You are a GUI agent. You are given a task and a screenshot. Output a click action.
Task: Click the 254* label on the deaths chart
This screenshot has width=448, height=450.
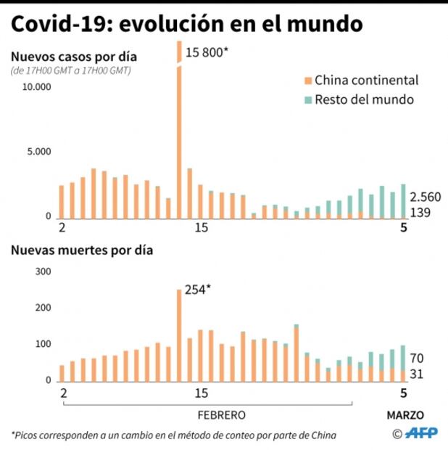[197, 290]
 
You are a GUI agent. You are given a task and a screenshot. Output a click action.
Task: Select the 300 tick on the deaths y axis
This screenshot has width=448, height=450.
[43, 271]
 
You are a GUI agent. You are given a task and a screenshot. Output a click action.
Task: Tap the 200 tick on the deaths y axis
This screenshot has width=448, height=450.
[43, 308]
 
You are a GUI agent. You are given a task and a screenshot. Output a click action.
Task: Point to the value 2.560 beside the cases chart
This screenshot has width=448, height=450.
[425, 197]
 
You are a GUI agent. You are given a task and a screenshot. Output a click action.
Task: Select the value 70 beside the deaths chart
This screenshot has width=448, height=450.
[416, 359]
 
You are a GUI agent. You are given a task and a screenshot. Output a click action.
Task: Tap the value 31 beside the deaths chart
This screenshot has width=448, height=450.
[415, 375]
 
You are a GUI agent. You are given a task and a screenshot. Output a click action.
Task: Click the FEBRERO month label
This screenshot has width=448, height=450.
[222, 415]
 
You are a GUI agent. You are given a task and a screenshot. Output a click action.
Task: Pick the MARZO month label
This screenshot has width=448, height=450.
[403, 415]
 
